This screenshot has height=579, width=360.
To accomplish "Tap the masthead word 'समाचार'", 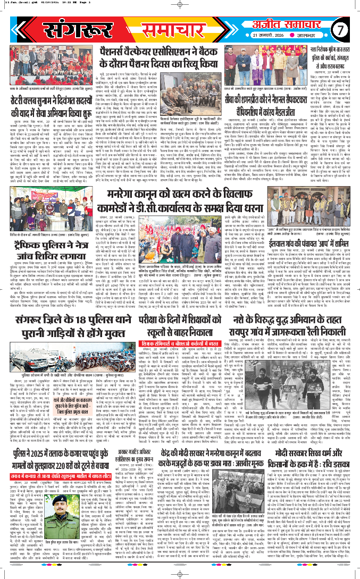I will click(x=173, y=23).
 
